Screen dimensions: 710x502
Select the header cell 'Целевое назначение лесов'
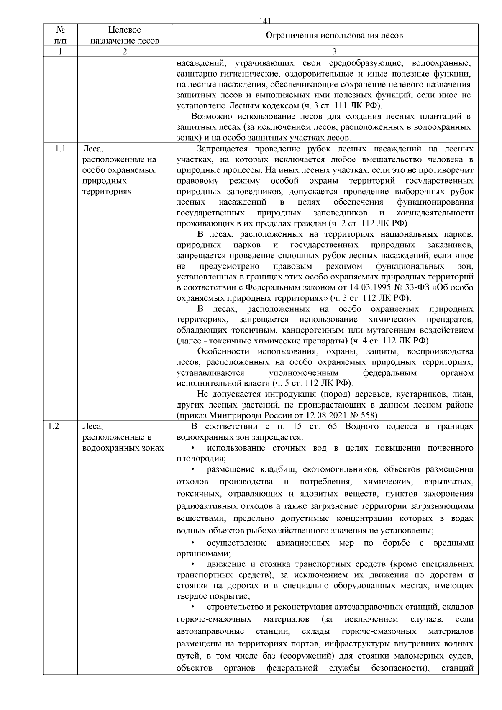tap(125, 36)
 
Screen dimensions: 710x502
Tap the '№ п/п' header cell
tap(60, 36)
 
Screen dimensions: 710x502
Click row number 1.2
tap(54, 426)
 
